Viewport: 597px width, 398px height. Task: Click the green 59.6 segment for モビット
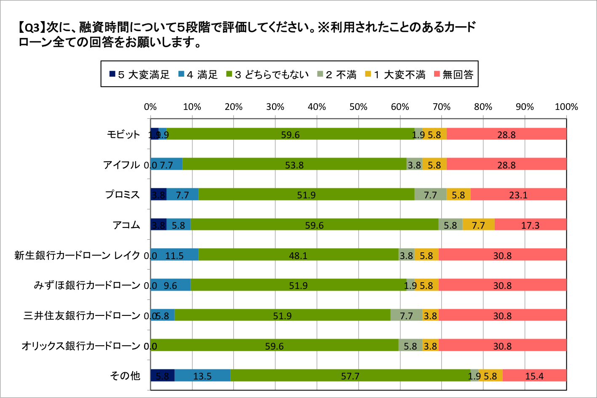click(290, 134)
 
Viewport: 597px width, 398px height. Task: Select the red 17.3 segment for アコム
click(530, 225)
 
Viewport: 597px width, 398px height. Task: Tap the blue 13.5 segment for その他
click(202, 376)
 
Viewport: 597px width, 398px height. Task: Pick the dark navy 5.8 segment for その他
click(163, 376)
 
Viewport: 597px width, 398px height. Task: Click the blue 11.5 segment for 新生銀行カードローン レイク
click(174, 255)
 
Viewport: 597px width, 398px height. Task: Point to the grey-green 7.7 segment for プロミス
click(430, 195)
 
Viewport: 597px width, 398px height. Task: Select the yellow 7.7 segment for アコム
click(478, 225)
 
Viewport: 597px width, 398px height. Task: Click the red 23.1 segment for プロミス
click(518, 195)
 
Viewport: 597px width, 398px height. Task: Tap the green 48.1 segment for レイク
click(298, 255)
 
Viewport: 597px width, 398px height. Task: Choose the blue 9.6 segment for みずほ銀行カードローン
click(171, 286)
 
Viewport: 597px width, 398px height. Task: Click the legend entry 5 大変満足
click(139, 75)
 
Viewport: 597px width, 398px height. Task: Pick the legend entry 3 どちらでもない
click(267, 75)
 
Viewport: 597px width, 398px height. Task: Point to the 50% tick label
click(358, 107)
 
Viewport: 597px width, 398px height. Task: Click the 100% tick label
click(566, 107)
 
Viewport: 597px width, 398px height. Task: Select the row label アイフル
click(122, 165)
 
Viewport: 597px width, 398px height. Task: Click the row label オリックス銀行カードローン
click(81, 346)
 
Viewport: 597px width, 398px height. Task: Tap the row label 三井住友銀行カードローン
click(82, 315)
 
